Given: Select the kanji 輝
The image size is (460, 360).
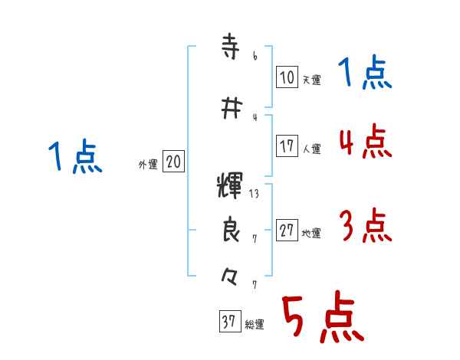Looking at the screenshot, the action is [x=230, y=186].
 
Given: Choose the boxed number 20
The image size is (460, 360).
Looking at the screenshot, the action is [x=173, y=162].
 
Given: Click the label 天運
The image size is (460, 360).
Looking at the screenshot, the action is [x=311, y=80].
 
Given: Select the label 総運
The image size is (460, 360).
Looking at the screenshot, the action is [x=255, y=326].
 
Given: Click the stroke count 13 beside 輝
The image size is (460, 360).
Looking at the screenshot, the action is [x=255, y=194].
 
